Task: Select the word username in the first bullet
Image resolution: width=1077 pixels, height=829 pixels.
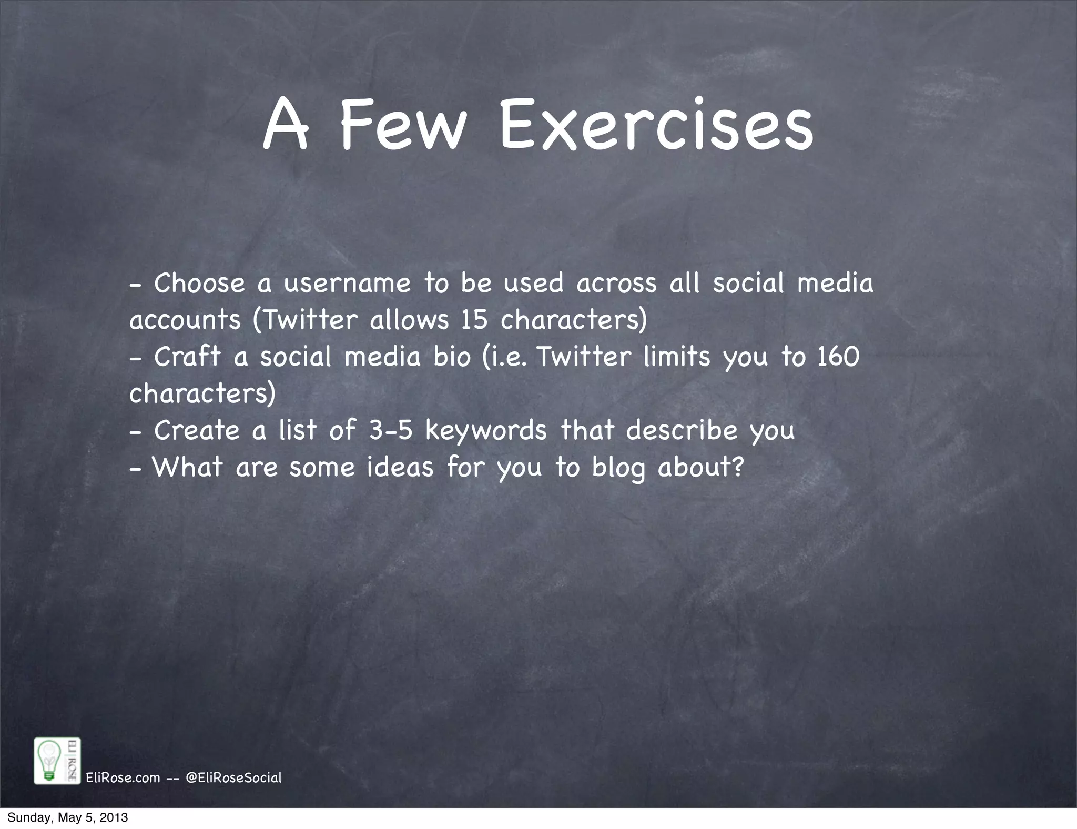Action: (347, 283)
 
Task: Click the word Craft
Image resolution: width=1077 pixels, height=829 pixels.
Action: (187, 357)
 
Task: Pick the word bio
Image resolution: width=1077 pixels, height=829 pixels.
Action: (452, 357)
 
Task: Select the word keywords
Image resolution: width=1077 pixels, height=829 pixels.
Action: (486, 431)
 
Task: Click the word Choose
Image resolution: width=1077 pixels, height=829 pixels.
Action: (199, 283)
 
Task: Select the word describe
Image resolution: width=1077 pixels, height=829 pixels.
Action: (682, 430)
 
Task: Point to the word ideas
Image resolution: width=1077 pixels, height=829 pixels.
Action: (400, 467)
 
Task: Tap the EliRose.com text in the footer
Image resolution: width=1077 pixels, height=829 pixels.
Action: (123, 777)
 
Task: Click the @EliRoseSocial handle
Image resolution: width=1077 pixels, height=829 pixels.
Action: (234, 777)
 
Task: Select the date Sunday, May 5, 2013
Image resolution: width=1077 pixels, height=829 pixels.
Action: (67, 818)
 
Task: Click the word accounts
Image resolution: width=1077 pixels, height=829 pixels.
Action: (185, 321)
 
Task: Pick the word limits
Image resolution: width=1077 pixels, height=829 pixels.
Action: (677, 357)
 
